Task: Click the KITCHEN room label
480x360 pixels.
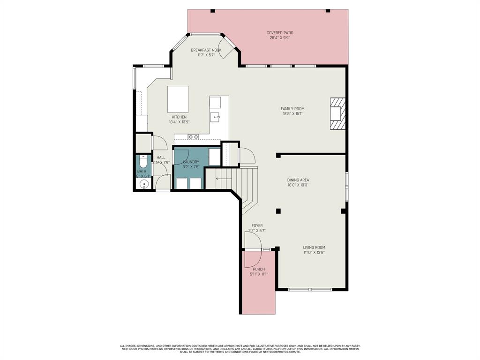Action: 179,117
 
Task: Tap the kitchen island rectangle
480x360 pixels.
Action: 178,99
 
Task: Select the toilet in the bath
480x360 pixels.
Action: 143,162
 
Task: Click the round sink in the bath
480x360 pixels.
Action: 144,184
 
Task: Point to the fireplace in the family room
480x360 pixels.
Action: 337,113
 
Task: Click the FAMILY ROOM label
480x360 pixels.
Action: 292,109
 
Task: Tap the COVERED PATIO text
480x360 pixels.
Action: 280,33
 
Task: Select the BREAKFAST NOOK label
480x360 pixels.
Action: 206,50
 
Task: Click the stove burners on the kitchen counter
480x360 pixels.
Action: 193,137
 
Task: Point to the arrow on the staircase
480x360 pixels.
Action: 223,179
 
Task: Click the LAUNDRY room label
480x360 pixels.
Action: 191,162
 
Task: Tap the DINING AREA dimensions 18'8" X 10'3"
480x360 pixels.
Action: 298,185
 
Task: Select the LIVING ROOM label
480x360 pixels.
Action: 314,247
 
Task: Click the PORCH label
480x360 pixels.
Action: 259,269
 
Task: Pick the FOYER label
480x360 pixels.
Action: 257,225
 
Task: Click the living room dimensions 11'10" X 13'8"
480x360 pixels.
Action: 314,252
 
